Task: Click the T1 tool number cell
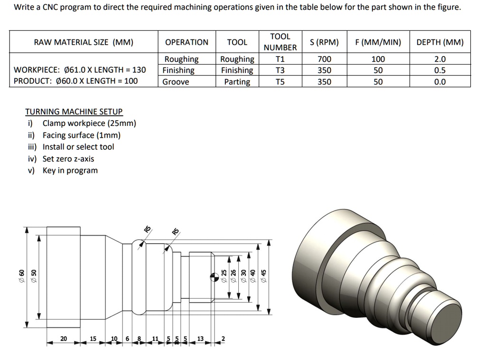pos(280,59)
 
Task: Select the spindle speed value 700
pos(324,59)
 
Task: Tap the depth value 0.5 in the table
pos(439,70)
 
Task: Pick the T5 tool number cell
pos(280,82)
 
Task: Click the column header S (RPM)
pos(324,42)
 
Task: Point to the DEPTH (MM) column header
pos(439,42)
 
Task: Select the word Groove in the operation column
pos(176,82)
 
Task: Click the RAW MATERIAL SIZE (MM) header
pos(84,42)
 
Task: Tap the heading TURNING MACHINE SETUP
pos(74,112)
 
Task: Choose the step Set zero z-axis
pos(68,159)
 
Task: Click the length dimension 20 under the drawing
pos(64,339)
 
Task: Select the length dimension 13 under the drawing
pos(200,339)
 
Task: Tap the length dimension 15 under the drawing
pos(93,339)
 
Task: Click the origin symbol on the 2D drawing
pos(215,276)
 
